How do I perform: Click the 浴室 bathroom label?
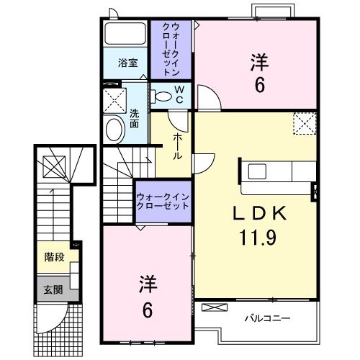click(127, 63)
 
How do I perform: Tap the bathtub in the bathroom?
click(126, 34)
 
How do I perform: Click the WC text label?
click(179, 94)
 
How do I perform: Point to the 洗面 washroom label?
click(134, 117)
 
